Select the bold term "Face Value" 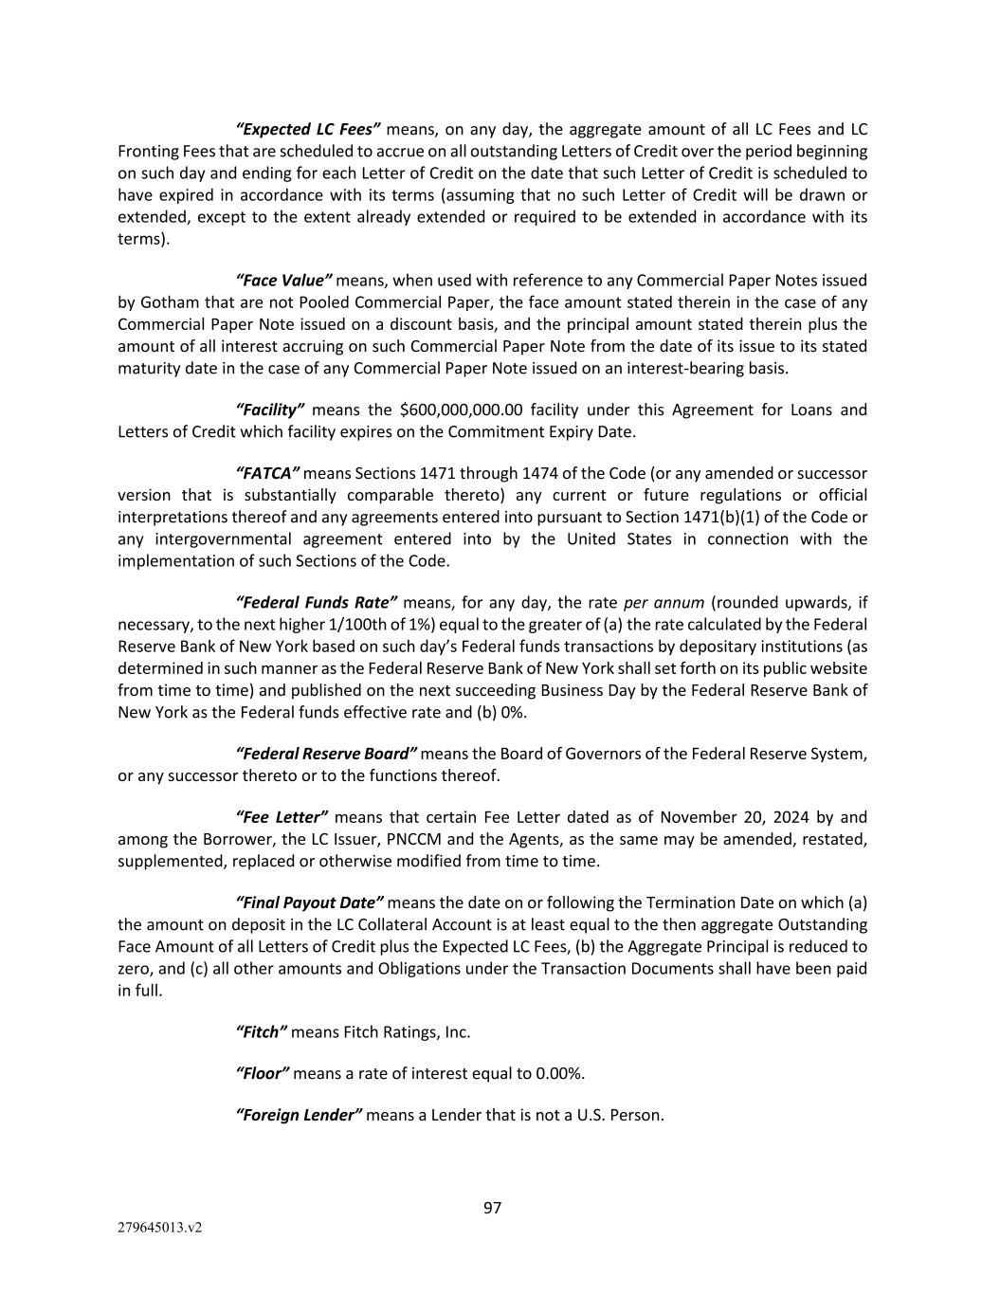click(x=283, y=280)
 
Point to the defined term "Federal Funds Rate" click(x=317, y=603)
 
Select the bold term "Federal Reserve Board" click(x=326, y=754)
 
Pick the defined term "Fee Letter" click(x=282, y=817)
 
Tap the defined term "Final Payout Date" click(x=309, y=902)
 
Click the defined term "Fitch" click(x=261, y=1031)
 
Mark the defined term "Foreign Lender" click(x=299, y=1115)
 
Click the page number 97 click(x=493, y=1208)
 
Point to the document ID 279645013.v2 click(x=160, y=1228)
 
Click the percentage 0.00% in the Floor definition click(x=560, y=1073)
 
